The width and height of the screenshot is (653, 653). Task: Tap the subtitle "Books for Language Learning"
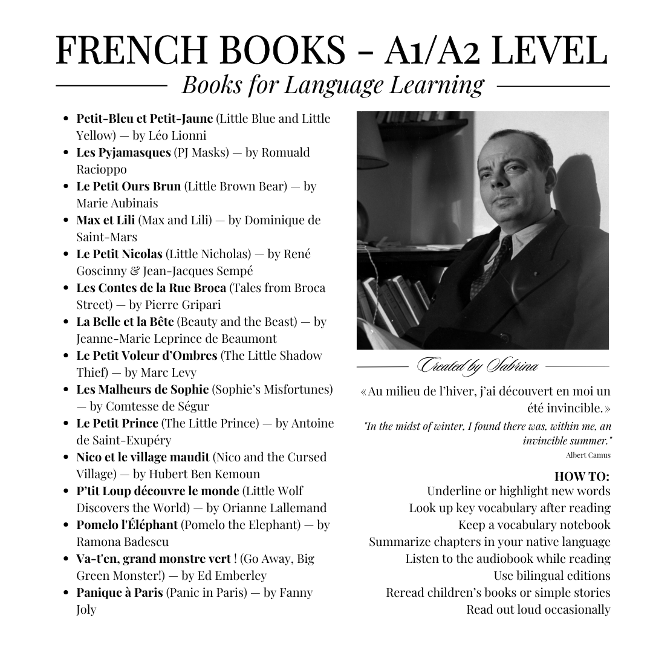333,85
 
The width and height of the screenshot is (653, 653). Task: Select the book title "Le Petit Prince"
117,423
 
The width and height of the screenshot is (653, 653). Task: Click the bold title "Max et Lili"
105,220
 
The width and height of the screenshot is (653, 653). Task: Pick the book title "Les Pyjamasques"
123,152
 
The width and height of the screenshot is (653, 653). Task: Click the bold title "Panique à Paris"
119,593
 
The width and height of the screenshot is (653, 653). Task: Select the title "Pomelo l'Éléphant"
127,525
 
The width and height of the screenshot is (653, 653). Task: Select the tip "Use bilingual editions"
551,576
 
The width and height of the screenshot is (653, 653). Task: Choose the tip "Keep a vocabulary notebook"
534,525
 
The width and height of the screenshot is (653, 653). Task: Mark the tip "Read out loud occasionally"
538,609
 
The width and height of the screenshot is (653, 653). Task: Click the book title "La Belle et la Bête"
125,322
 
